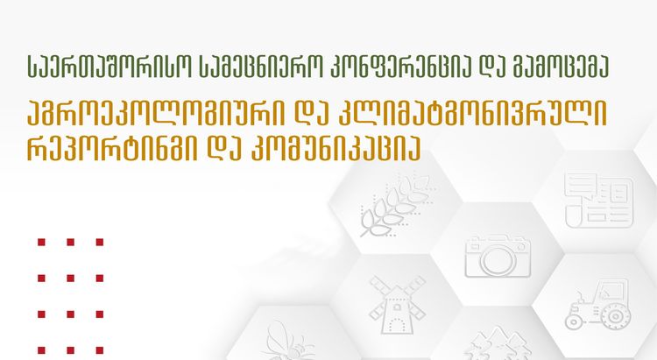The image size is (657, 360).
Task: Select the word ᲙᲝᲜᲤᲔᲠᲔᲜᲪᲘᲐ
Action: point(370,64)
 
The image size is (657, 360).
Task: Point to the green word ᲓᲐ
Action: point(468,64)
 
